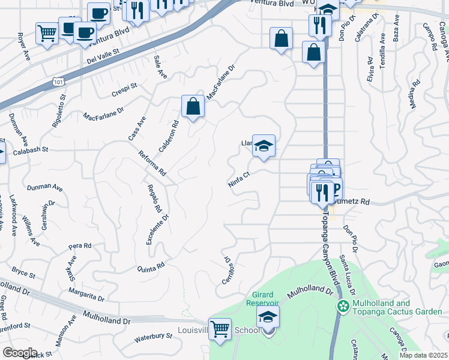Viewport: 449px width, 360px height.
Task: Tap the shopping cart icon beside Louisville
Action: (220, 328)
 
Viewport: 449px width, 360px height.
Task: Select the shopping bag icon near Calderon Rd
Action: (193, 107)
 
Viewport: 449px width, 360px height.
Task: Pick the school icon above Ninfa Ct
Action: (264, 145)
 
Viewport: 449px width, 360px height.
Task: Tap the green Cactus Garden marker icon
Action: (343, 307)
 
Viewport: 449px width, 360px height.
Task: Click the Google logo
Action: (20, 353)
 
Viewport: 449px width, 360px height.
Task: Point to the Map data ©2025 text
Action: (423, 355)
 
